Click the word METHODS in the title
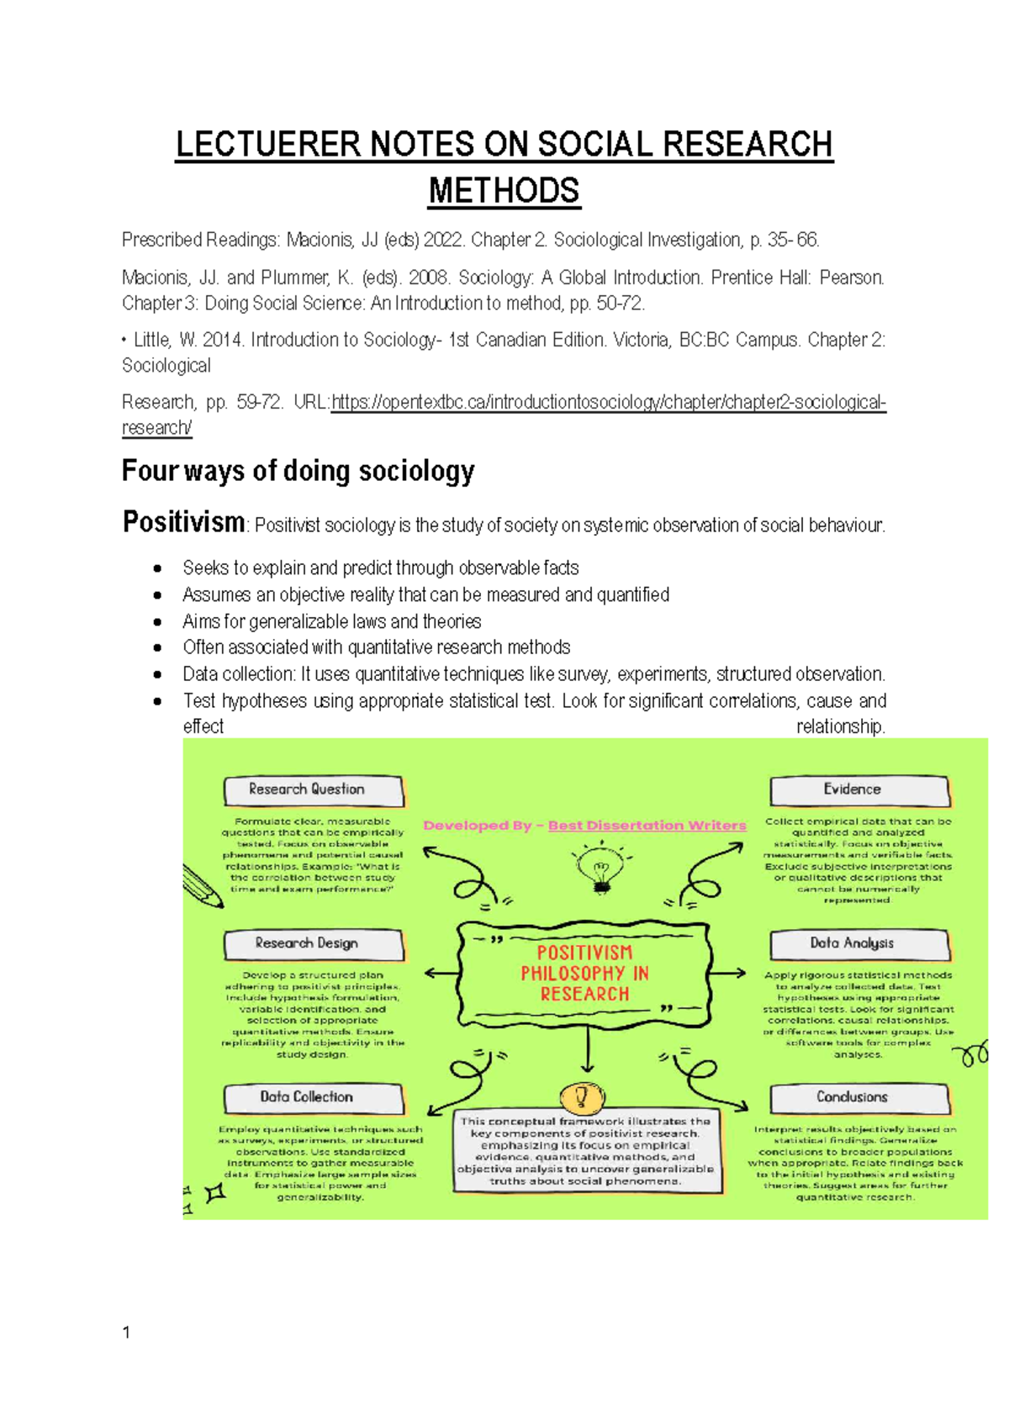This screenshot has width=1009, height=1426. point(504,192)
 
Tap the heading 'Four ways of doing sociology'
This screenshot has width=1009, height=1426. point(298,471)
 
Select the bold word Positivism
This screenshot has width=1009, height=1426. point(183,522)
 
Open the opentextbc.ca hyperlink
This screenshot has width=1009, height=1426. point(608,403)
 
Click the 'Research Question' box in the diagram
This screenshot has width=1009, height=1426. point(313,790)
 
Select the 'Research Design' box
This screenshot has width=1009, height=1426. point(313,944)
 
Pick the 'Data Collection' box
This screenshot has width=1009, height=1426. point(313,1098)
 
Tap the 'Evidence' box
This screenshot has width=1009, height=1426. point(858,790)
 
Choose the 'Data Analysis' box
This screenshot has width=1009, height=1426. point(858,944)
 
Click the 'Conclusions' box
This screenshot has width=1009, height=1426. point(858,1098)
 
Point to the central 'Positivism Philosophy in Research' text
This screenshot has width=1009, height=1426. point(584,974)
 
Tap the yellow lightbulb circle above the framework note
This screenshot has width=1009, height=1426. point(581,1096)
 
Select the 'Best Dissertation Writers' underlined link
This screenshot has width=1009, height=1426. point(647,826)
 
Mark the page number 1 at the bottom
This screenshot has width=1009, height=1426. point(126,1333)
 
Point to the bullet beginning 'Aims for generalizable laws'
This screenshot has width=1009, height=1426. point(331,622)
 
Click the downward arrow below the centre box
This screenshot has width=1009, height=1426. point(586,1051)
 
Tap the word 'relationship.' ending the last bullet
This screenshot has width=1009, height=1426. point(840,727)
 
